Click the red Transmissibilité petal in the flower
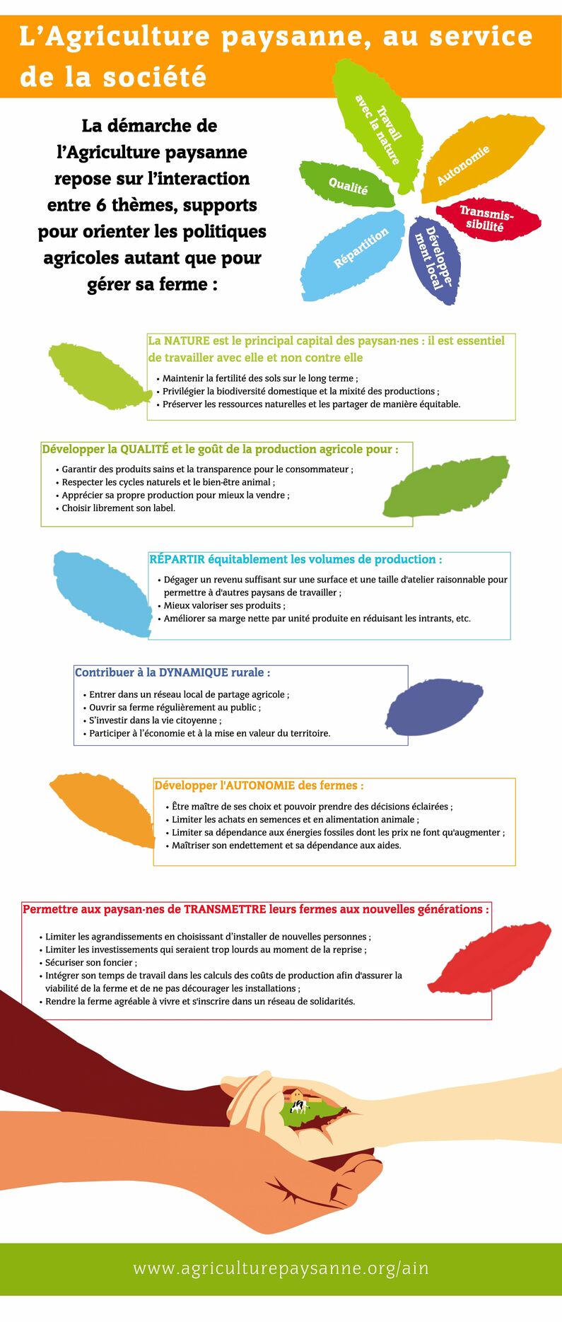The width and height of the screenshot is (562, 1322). pos(488,219)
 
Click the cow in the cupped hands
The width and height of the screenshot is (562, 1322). pos(299,1106)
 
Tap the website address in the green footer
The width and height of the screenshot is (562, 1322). pos(281,1268)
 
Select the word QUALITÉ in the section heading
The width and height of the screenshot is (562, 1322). pos(144,449)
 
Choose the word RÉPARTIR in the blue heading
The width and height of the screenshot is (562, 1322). pos(177,559)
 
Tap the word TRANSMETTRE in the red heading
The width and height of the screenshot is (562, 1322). pos(225,909)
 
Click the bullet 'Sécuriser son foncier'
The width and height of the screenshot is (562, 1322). pos(90,962)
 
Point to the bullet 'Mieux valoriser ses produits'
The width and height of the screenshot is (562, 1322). pos(223,606)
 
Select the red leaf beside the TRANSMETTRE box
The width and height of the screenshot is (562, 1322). pos(489,958)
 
